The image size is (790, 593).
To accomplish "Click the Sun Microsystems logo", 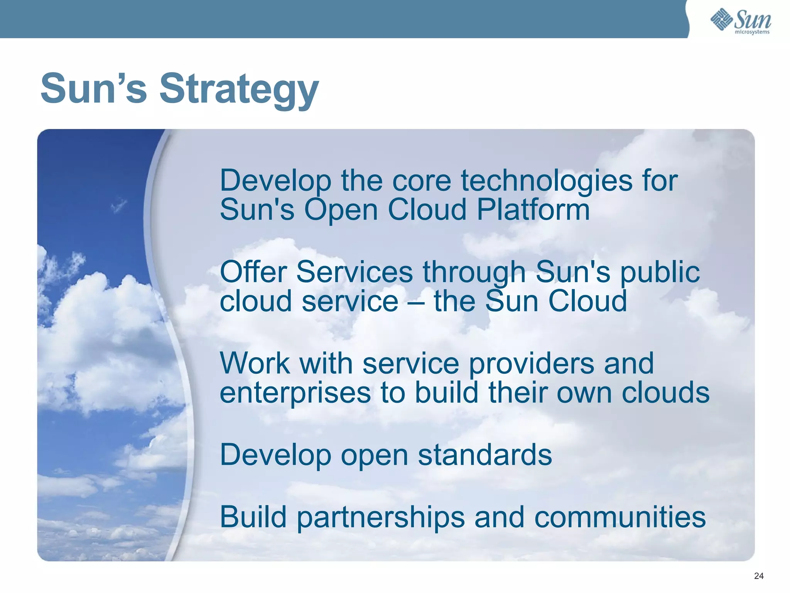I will (x=741, y=21).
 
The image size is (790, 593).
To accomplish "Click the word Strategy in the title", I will (x=239, y=90).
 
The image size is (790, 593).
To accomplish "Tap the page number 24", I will (x=758, y=576).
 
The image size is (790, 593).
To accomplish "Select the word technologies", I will (x=547, y=181).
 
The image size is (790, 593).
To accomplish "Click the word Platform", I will (x=533, y=210).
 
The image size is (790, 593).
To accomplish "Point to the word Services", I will (x=354, y=272).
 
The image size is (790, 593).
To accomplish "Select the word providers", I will (x=532, y=364).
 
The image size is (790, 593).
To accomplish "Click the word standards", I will (x=485, y=455).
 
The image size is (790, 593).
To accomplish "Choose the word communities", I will (x=620, y=517).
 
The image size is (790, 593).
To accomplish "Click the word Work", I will (x=255, y=363).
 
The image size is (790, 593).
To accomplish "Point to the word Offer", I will (x=253, y=272).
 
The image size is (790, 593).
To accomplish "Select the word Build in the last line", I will (x=253, y=517).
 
